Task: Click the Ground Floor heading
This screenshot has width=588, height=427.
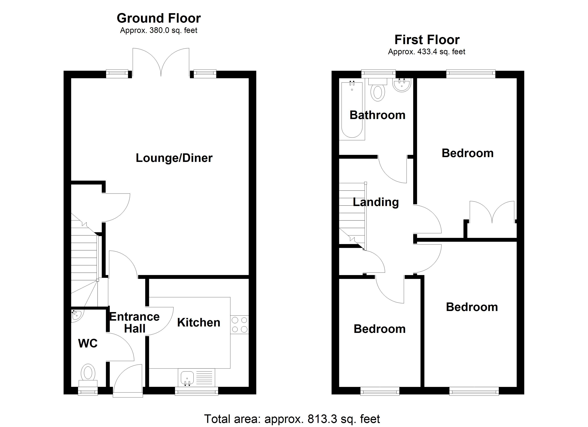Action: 159,18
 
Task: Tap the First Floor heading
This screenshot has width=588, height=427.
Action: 427,40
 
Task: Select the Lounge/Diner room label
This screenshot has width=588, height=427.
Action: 174,158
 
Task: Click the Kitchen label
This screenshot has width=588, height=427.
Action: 199,323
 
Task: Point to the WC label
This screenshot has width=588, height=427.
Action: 88,343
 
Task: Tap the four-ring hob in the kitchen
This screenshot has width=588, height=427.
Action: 239,325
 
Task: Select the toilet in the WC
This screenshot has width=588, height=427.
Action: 88,373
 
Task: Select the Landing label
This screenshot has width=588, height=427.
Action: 376,202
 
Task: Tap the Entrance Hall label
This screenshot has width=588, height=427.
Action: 134,323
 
